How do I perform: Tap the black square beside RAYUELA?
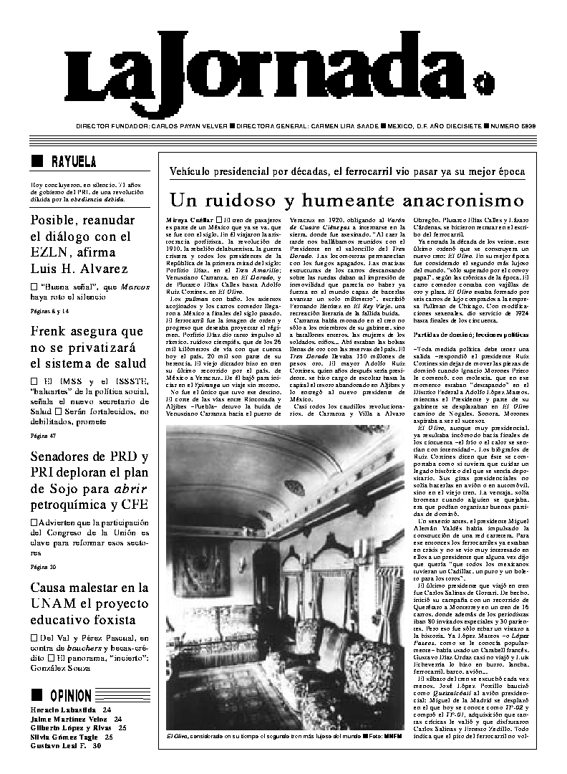[x=37, y=162]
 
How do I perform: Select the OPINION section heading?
[x=70, y=695]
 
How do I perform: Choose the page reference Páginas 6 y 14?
[x=49, y=310]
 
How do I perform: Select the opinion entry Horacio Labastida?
[x=65, y=708]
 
